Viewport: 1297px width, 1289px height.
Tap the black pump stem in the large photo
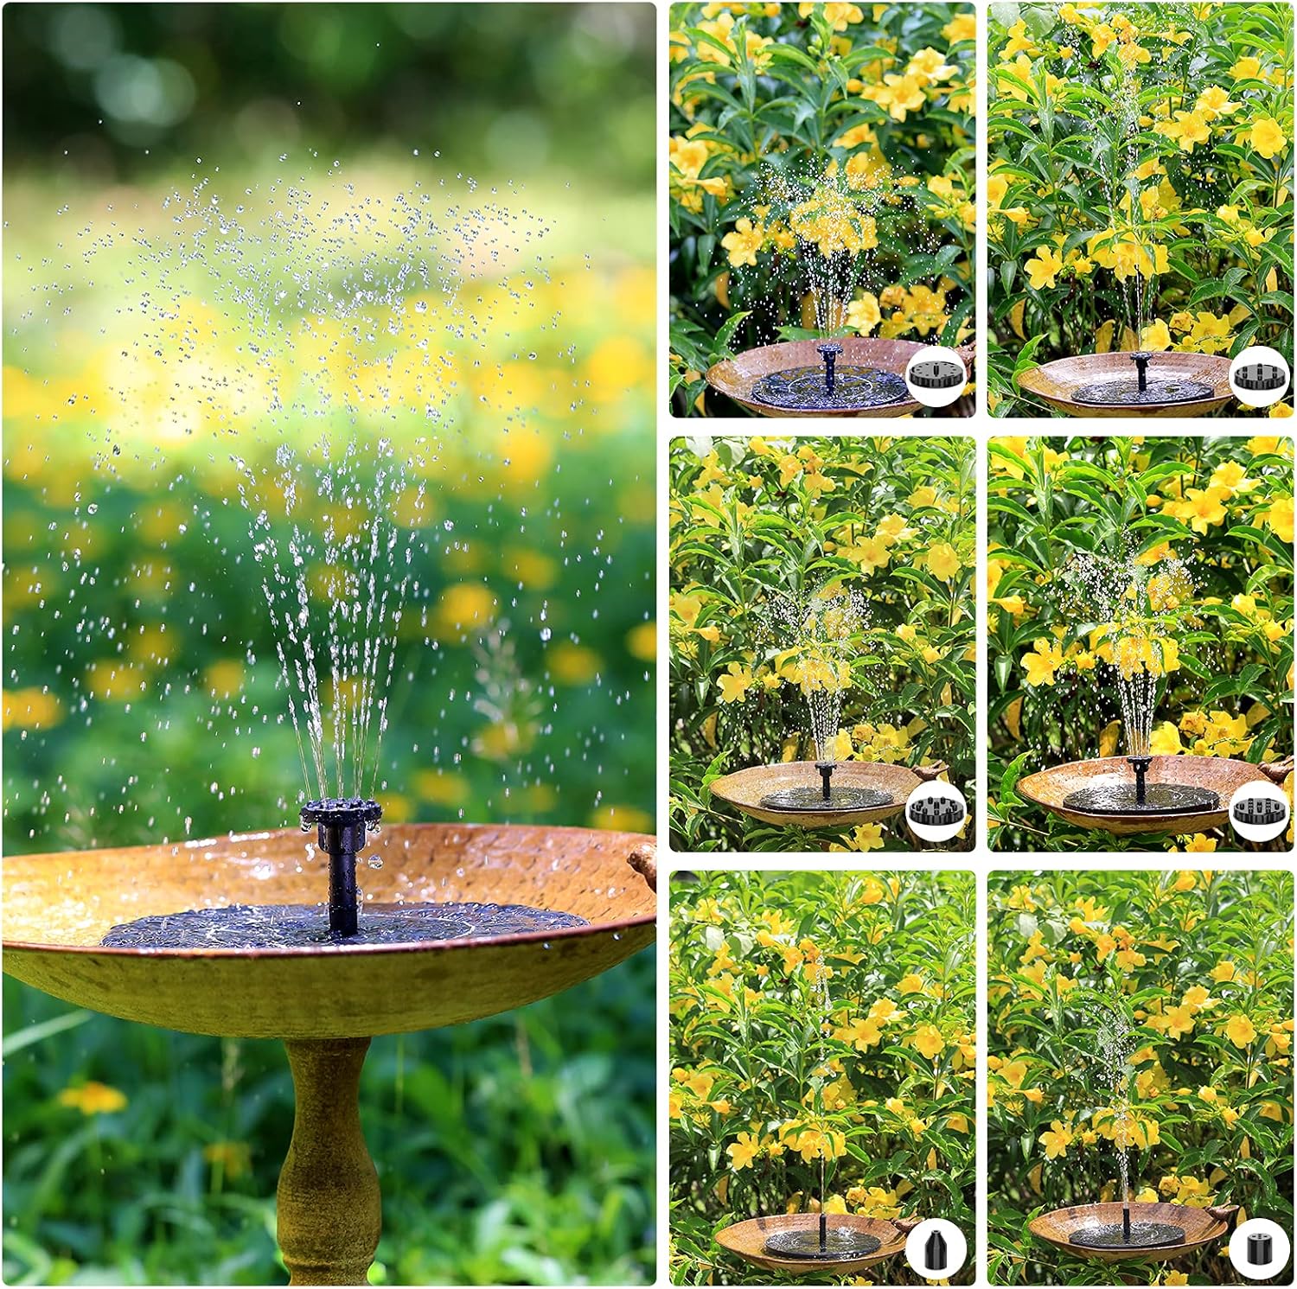(x=342, y=890)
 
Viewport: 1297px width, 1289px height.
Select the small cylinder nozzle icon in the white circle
(x=1254, y=1248)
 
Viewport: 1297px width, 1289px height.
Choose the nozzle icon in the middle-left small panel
(x=935, y=811)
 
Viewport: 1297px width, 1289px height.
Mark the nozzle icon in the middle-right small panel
(x=1254, y=811)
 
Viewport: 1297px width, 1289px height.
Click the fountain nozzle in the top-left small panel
(x=829, y=354)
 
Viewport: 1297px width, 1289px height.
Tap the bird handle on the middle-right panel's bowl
(x=1275, y=769)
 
